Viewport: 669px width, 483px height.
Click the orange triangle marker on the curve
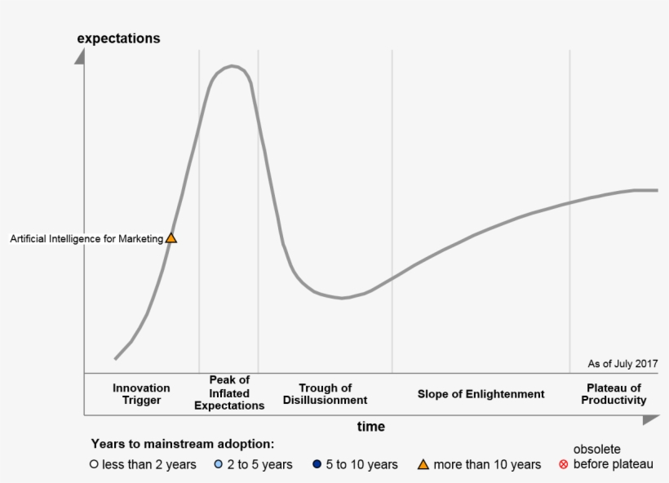click(171, 238)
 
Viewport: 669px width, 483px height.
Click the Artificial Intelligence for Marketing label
click(86, 239)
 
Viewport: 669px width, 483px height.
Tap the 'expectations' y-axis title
click(118, 38)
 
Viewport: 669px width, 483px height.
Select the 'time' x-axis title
click(370, 427)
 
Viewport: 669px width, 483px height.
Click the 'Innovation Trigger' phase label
click(141, 394)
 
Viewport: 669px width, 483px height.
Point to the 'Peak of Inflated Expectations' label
click(229, 392)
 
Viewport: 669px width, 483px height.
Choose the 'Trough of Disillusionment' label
click(325, 394)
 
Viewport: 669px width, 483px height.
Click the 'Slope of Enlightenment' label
click(481, 394)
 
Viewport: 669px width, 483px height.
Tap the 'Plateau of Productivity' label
click(614, 394)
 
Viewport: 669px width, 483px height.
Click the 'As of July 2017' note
click(622, 364)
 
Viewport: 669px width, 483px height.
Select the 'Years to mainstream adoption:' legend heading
click(182, 444)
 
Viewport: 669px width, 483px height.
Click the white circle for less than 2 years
click(94, 465)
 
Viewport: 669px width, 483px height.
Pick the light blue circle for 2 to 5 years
click(218, 465)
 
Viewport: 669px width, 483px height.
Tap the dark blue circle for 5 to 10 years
click(317, 465)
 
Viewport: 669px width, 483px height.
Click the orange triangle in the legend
click(423, 465)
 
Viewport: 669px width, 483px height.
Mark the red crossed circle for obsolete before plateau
click(563, 465)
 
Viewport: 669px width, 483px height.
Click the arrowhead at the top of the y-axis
click(79, 56)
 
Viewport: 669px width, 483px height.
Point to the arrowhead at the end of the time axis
click(650, 419)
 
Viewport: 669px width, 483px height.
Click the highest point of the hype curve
click(233, 66)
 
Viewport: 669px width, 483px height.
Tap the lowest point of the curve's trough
click(343, 299)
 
